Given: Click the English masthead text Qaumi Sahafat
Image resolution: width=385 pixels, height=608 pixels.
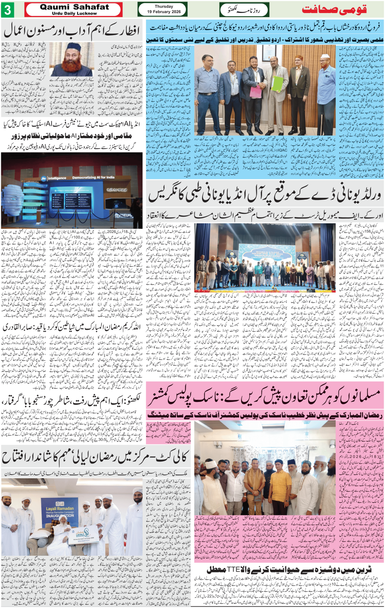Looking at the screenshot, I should [74, 7].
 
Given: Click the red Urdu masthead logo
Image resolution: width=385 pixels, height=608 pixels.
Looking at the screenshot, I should [334, 9].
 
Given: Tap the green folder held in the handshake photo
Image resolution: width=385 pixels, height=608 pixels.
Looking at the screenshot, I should [277, 84].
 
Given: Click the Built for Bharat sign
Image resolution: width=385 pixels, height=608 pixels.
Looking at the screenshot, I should [117, 190].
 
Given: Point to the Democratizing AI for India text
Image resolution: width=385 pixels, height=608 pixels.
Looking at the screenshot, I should [93, 178].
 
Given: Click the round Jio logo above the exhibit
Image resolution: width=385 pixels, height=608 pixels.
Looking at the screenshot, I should [44, 178].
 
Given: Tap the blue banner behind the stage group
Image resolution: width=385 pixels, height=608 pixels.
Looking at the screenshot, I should [267, 253].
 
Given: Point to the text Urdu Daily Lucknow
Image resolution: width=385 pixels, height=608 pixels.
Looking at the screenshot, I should [74, 13].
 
